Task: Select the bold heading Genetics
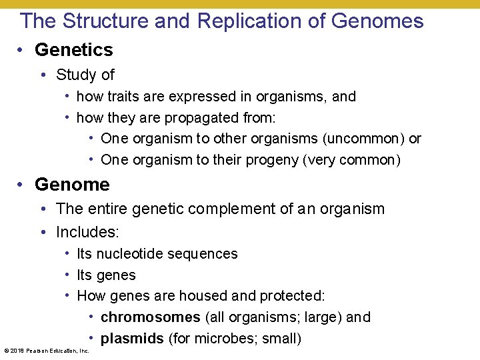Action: coord(73,50)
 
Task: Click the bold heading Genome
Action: coord(72,184)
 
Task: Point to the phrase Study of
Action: coord(85,75)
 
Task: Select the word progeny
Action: coord(295,160)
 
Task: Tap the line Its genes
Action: coord(106,275)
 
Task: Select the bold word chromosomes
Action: coord(150,317)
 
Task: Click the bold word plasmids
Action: coord(132,339)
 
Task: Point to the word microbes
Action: coord(223,339)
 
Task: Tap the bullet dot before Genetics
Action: coord(23,50)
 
